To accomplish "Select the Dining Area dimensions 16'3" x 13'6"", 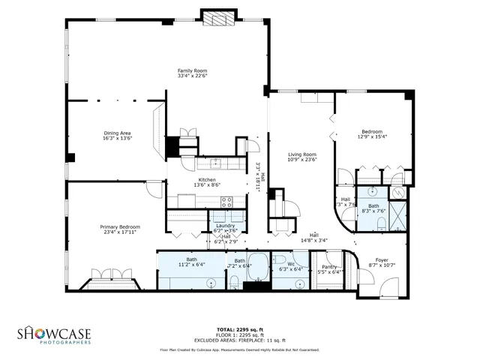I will click(x=117, y=139).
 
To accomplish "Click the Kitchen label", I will click(x=207, y=180).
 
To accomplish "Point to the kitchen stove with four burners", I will click(x=226, y=200).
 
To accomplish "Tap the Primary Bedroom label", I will click(x=120, y=226).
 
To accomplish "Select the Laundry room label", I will click(x=225, y=226).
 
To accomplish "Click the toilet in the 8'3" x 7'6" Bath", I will click(x=381, y=224).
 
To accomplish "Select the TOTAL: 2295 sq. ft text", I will click(x=239, y=329).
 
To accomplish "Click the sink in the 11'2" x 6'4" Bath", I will click(x=212, y=283).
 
